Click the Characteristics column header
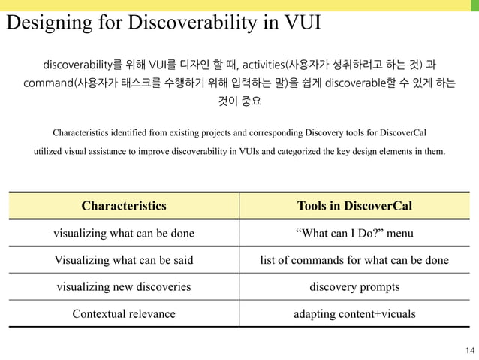click(x=124, y=205)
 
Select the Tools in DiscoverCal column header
click(x=354, y=205)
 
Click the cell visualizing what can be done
click(x=124, y=233)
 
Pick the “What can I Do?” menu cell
click(x=354, y=233)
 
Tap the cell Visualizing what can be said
click(x=124, y=260)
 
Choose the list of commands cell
click(x=354, y=260)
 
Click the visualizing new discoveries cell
click(x=124, y=286)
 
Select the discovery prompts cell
click(x=354, y=286)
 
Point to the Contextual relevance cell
click(x=124, y=313)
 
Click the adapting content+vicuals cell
click(x=354, y=313)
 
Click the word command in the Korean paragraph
click(x=47, y=81)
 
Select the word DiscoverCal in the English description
click(x=403, y=133)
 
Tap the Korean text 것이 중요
click(x=239, y=101)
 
